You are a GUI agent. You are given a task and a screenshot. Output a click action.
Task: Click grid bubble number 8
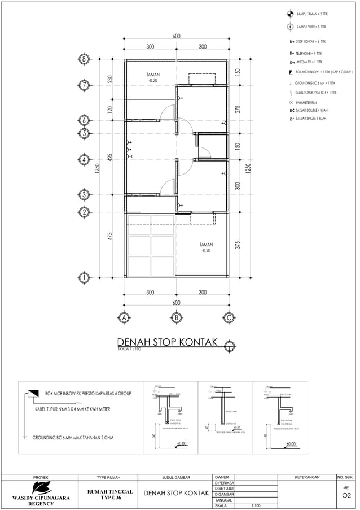click(84, 59)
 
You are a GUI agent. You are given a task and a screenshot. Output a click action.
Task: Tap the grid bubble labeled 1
click(84, 277)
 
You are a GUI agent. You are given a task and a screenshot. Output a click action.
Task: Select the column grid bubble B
click(176, 317)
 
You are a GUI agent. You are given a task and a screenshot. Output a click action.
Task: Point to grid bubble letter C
click(229, 317)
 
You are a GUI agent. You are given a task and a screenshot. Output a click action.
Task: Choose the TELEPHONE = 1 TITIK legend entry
click(310, 53)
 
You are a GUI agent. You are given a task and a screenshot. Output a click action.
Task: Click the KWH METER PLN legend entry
click(308, 102)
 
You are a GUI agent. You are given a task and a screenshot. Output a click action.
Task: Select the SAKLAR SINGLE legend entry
click(310, 119)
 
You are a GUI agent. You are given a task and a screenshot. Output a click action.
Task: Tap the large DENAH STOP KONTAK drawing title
click(169, 343)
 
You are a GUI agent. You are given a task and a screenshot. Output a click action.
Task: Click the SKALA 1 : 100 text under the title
click(129, 350)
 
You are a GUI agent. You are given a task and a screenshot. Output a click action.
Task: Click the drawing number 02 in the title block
click(346, 497)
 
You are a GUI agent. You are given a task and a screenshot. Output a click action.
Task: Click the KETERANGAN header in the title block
click(308, 477)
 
